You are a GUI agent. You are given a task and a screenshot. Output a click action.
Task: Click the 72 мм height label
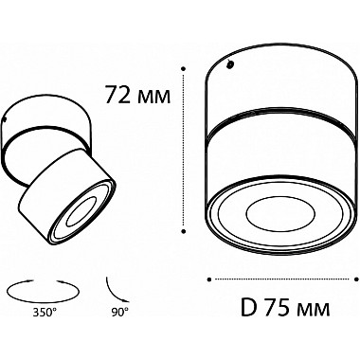(137, 95)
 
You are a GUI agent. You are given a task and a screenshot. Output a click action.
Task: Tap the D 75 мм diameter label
(285, 307)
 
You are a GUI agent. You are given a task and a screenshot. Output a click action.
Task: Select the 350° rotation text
(45, 313)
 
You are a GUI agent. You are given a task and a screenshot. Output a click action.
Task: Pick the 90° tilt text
(119, 313)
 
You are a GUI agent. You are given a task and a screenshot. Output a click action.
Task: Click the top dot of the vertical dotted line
(183, 68)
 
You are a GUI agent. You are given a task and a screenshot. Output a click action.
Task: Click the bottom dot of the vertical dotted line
(183, 231)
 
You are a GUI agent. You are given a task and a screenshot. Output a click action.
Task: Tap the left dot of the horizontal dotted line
(209, 279)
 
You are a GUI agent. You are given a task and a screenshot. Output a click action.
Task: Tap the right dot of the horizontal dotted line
(356, 279)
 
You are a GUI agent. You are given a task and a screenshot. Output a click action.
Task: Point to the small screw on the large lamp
(230, 64)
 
